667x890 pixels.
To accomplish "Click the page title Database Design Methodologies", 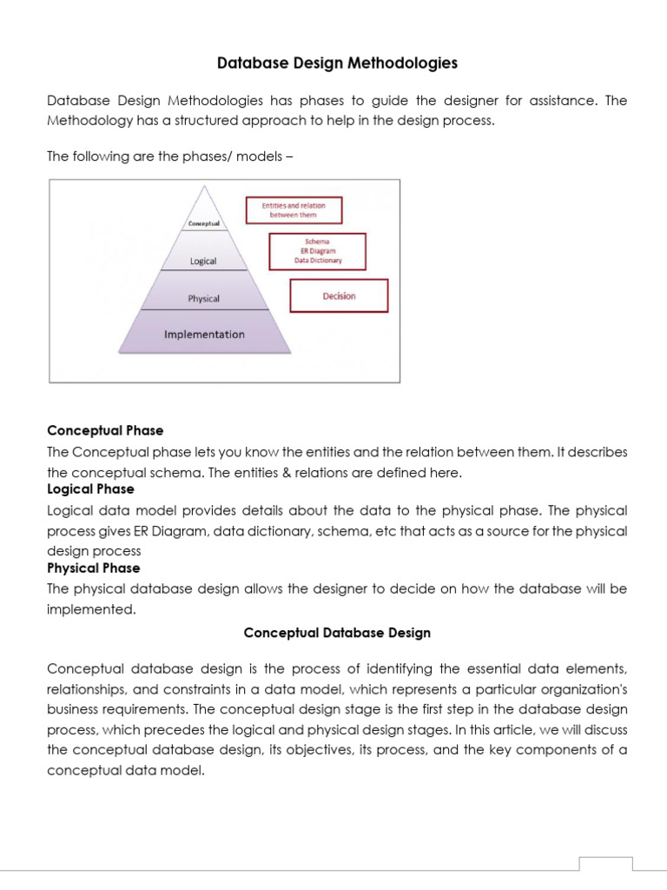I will tap(337, 63).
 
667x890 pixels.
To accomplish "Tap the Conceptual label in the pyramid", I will tap(204, 223).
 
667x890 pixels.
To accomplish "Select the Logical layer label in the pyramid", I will tap(203, 261).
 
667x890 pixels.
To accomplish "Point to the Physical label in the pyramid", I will tap(204, 298).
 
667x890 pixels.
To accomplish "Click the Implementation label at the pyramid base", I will tap(204, 335).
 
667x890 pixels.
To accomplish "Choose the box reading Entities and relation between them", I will tap(294, 209).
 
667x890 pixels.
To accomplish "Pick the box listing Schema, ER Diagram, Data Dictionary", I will tap(318, 251).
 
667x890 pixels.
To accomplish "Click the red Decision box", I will tap(339, 296).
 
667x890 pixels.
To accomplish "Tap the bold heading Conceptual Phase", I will tap(105, 430).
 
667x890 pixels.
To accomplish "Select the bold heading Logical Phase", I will tap(90, 489).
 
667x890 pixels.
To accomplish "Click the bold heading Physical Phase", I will tap(93, 568).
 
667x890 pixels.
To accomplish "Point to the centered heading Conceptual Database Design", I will tap(337, 633).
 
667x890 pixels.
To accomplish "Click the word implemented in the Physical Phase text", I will tap(90, 609).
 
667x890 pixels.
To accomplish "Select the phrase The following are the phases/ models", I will tap(171, 156).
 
